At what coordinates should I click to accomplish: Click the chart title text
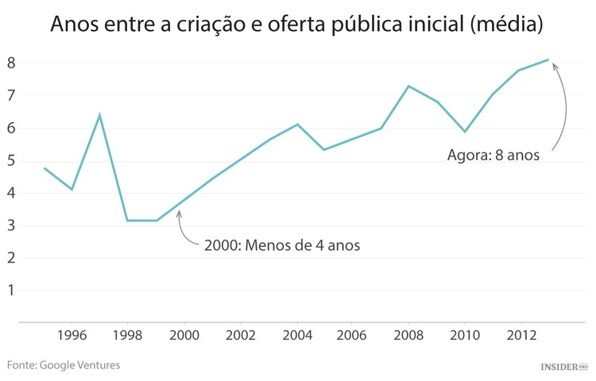297,24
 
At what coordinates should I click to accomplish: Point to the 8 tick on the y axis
11,63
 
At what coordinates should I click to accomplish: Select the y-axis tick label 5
11,160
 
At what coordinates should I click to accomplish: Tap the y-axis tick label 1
11,291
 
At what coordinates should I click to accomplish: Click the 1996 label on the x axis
72,336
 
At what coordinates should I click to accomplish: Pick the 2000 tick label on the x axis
184,336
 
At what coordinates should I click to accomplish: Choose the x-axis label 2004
297,336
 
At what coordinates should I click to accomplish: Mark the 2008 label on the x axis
409,336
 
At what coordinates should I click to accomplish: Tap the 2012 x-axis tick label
521,336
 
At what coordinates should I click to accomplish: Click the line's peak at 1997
99,115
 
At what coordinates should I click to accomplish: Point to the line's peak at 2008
408,86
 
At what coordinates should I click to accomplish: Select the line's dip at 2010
465,132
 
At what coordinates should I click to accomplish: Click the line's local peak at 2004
297,125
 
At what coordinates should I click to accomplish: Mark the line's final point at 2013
548,60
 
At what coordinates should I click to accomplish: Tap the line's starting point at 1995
45,167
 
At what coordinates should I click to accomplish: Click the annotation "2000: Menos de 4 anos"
281,245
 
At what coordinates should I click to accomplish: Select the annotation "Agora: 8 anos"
493,155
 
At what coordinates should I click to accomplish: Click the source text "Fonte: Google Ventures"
64,365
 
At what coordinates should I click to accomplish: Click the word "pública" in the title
382,24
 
